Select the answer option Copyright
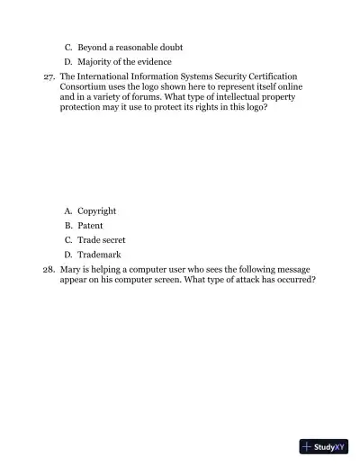(96, 211)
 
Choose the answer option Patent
(90, 226)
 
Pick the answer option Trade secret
(101, 240)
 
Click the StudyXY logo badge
(324, 446)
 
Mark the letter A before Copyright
(67, 211)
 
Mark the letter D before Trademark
(67, 255)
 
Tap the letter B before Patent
(67, 226)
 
